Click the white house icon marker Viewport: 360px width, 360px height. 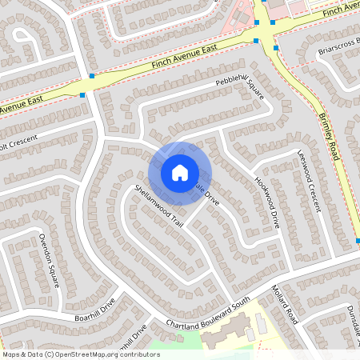(x=179, y=172)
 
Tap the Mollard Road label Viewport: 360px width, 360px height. (x=284, y=302)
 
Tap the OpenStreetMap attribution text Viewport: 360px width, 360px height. (x=81, y=354)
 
